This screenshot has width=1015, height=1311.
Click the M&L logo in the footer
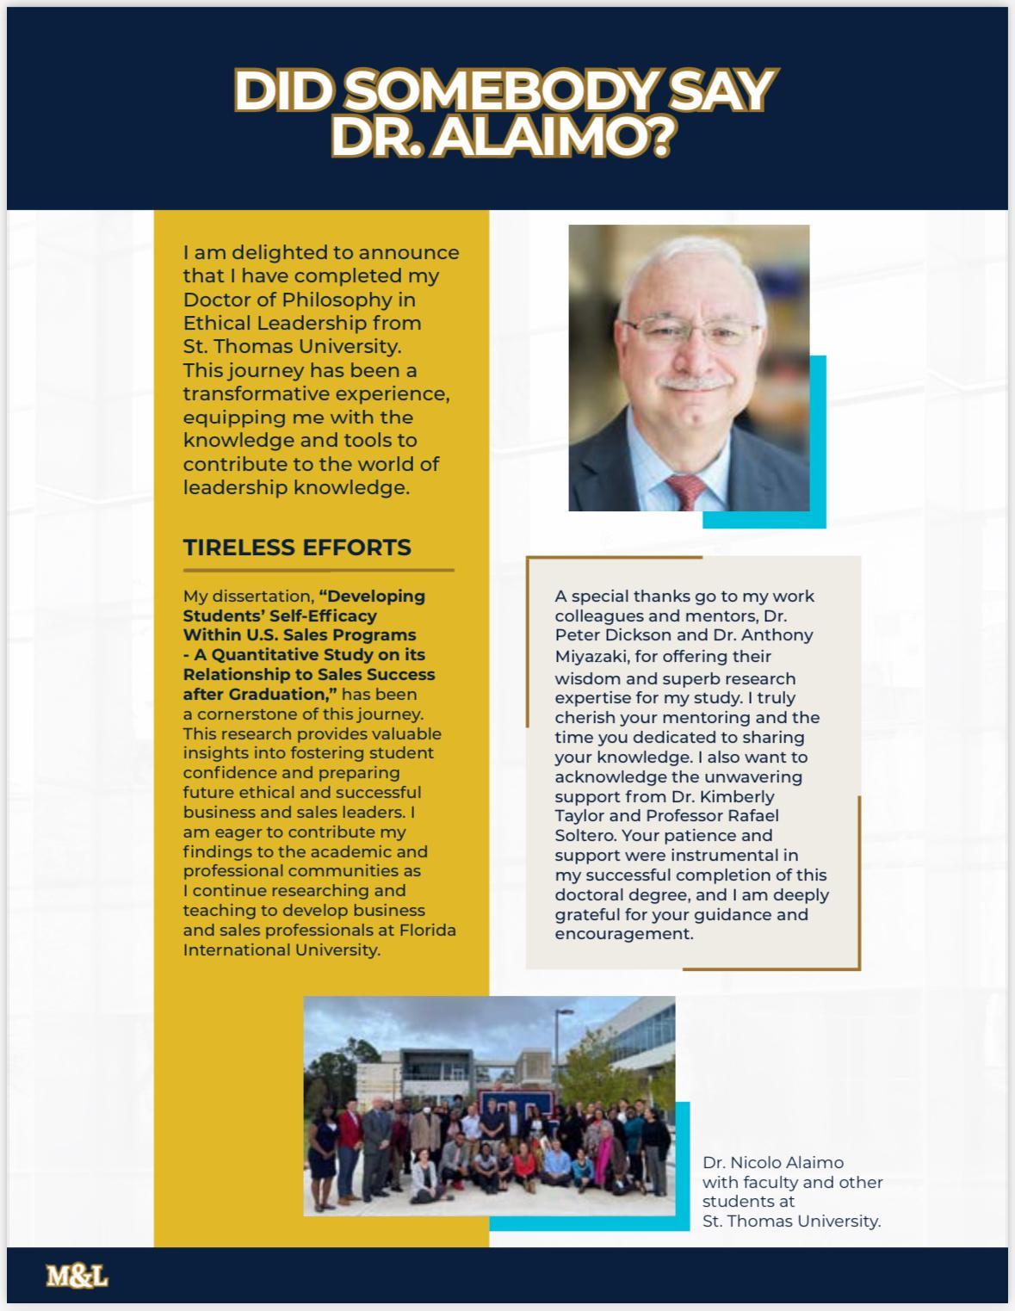point(77,1276)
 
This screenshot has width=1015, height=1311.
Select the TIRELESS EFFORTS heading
point(297,547)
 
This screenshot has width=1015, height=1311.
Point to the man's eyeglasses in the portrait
point(691,331)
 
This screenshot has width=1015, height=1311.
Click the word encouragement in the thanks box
point(623,934)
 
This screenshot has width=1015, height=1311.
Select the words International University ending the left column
point(281,950)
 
